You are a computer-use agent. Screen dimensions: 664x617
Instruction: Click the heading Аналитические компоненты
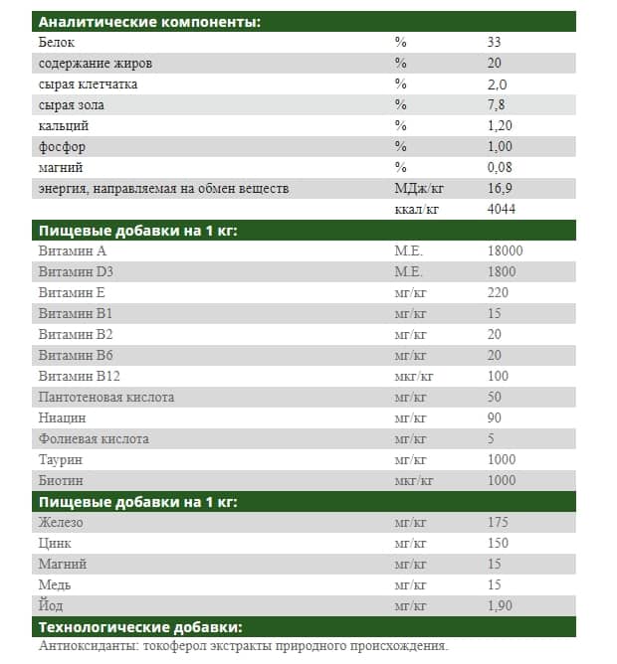(x=149, y=22)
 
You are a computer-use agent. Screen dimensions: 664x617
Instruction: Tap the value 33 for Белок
(x=495, y=43)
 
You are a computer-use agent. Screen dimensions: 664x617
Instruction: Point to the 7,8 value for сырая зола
(x=496, y=105)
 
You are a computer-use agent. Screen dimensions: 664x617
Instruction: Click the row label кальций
(x=64, y=126)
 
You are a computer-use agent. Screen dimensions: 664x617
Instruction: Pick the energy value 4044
(x=502, y=209)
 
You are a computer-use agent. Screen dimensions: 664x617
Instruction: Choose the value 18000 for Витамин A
(x=506, y=251)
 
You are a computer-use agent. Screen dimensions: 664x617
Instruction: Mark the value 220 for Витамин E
(x=498, y=293)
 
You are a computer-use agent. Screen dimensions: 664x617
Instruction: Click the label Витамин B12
(x=79, y=376)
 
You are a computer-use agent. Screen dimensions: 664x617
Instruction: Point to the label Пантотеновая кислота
(x=105, y=397)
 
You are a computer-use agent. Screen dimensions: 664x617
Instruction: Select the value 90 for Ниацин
(x=495, y=417)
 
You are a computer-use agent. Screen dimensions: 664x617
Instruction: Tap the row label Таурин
(x=60, y=459)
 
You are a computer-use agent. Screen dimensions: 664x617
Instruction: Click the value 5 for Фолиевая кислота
(x=491, y=438)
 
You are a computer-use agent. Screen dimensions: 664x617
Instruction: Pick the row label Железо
(x=61, y=522)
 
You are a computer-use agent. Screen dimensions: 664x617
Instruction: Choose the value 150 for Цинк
(x=498, y=543)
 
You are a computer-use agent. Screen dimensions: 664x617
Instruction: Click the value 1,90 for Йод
(x=501, y=605)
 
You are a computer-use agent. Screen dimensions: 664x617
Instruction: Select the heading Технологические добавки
(x=140, y=627)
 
